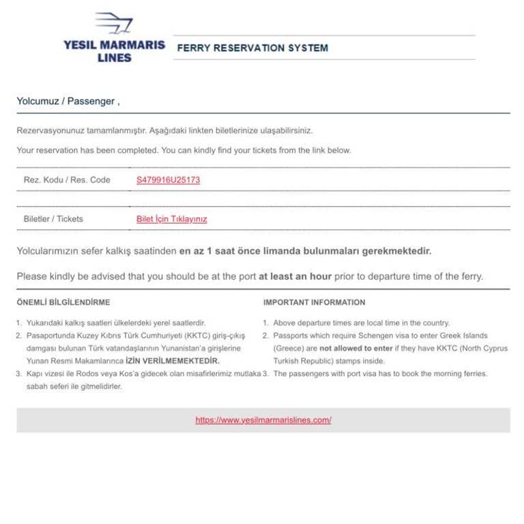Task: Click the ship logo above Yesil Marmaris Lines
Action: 113,23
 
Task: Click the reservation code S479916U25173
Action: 168,180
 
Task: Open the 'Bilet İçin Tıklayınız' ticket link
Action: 171,219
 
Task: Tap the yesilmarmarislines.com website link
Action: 263,420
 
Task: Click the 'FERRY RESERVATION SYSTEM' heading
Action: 252,48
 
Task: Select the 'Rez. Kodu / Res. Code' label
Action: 67,180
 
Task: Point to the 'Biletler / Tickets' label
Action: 53,219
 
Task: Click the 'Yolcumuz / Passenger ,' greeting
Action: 68,101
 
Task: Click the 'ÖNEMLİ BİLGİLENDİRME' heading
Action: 63,302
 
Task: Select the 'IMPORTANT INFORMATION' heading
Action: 314,302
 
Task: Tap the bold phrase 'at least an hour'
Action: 295,276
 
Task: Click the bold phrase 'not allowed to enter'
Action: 356,348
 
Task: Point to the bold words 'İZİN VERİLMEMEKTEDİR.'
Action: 173,361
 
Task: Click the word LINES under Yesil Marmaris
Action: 114,58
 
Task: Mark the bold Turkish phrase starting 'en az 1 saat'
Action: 305,251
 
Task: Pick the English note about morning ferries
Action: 380,374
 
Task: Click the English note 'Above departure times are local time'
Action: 361,323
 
